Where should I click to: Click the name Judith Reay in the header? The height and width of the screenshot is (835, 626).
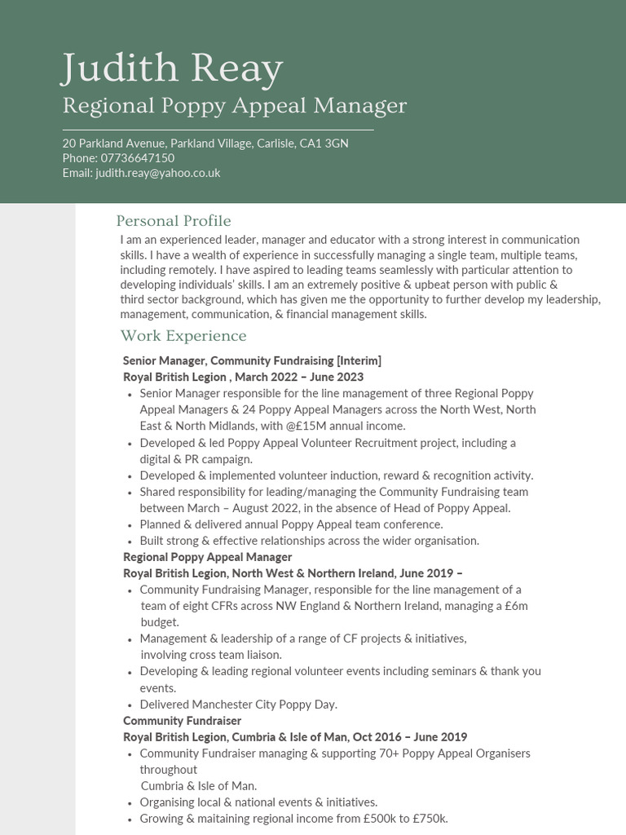pyautogui.click(x=172, y=69)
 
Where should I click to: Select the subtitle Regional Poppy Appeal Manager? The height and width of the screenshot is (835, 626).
pyautogui.click(x=234, y=106)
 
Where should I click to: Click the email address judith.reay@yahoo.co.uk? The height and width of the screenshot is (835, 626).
pyautogui.click(x=157, y=173)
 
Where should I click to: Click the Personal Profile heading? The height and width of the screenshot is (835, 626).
pyautogui.click(x=174, y=221)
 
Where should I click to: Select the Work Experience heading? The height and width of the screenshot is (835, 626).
pyautogui.click(x=183, y=336)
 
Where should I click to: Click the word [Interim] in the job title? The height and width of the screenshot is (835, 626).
pyautogui.click(x=359, y=360)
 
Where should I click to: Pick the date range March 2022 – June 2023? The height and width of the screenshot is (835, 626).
pyautogui.click(x=299, y=377)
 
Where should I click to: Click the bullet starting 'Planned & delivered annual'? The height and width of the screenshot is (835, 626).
pyautogui.click(x=291, y=524)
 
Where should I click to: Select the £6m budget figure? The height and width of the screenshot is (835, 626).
pyautogui.click(x=515, y=606)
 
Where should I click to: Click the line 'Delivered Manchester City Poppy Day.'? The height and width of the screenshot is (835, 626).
pyautogui.click(x=238, y=705)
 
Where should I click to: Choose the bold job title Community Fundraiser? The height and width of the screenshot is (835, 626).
pyautogui.click(x=182, y=721)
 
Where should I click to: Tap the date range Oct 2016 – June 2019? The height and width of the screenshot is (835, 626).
pyautogui.click(x=410, y=737)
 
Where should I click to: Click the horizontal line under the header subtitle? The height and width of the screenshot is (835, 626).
pyautogui.click(x=218, y=130)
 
